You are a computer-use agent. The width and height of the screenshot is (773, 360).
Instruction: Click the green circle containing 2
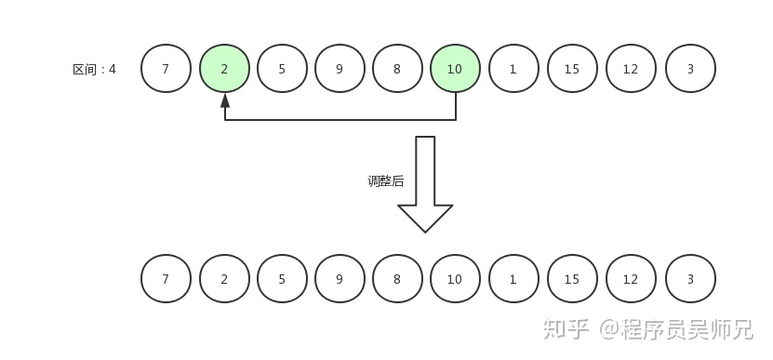[224, 69]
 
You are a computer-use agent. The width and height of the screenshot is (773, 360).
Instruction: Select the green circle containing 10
[455, 69]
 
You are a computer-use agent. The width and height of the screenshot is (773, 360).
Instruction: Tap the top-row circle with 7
[166, 69]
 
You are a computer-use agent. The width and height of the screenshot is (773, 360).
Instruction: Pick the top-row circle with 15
[571, 69]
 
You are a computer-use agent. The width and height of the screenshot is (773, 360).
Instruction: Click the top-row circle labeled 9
[339, 69]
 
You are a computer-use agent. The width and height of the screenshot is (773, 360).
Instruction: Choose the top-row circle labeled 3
[690, 69]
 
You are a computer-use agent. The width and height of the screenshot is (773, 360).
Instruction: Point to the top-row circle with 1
[513, 69]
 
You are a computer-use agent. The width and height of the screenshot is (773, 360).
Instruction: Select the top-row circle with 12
[631, 69]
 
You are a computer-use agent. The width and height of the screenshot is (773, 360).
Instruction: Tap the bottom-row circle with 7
[166, 279]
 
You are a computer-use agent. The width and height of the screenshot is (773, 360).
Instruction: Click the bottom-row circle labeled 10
[455, 279]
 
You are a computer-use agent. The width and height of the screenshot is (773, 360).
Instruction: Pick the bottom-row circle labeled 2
[224, 279]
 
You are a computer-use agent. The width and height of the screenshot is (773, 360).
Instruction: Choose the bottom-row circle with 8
[397, 279]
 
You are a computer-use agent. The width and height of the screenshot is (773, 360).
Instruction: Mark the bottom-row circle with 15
[571, 279]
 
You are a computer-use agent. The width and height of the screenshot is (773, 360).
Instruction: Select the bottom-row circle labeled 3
[690, 279]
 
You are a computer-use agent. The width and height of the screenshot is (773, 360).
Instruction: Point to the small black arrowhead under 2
[225, 100]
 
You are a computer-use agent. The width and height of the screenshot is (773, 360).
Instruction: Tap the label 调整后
[385, 181]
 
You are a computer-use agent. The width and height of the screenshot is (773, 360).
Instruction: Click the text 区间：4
[94, 69]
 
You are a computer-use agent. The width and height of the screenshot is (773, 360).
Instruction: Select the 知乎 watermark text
[566, 328]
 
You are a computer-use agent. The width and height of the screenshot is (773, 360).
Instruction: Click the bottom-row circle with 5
[281, 279]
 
